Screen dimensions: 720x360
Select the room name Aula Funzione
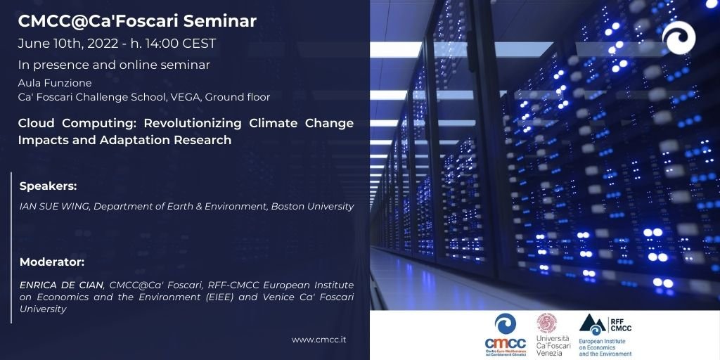coord(55,83)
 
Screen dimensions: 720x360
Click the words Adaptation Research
coord(165,140)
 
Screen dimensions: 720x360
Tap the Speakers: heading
coord(48,187)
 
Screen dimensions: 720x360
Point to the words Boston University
coord(313,207)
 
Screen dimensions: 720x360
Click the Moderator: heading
coord(52,263)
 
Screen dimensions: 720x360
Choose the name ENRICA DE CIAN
coord(62,285)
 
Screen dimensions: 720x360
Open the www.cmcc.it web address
coord(319,340)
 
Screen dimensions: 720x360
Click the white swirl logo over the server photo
coord(679,37)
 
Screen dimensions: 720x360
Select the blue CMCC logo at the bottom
coord(505,335)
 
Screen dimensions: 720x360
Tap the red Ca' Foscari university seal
coord(547,323)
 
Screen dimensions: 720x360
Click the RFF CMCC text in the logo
coord(622,324)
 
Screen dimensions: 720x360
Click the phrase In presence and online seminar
coord(114,65)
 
